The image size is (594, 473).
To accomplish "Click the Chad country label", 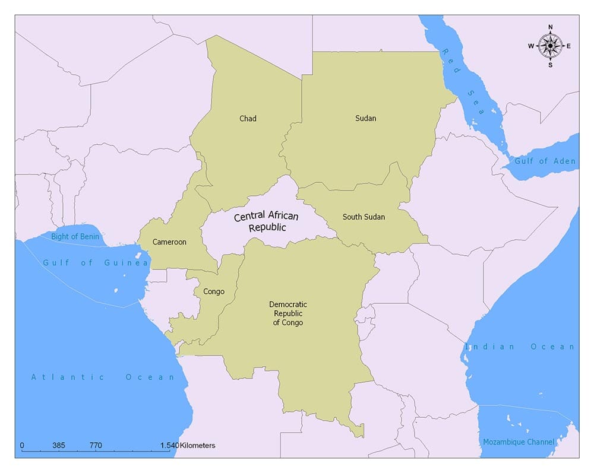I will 248,119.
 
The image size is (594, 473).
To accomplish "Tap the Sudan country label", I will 365,118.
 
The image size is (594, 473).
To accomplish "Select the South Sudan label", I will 364,217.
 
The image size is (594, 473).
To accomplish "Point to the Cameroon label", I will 169,242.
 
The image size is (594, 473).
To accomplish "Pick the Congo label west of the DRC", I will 214,292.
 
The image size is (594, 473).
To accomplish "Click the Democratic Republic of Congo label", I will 288,313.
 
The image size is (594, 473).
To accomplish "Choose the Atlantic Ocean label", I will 103,377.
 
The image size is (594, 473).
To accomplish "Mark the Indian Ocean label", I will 520,347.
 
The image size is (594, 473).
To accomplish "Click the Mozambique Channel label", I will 519,442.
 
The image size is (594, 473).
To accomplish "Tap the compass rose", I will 550,46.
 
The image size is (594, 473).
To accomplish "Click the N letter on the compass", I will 550,27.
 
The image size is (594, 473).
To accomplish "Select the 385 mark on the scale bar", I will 58,445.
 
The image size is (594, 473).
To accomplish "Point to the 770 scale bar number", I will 96,445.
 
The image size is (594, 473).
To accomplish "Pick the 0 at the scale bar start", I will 22,445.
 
